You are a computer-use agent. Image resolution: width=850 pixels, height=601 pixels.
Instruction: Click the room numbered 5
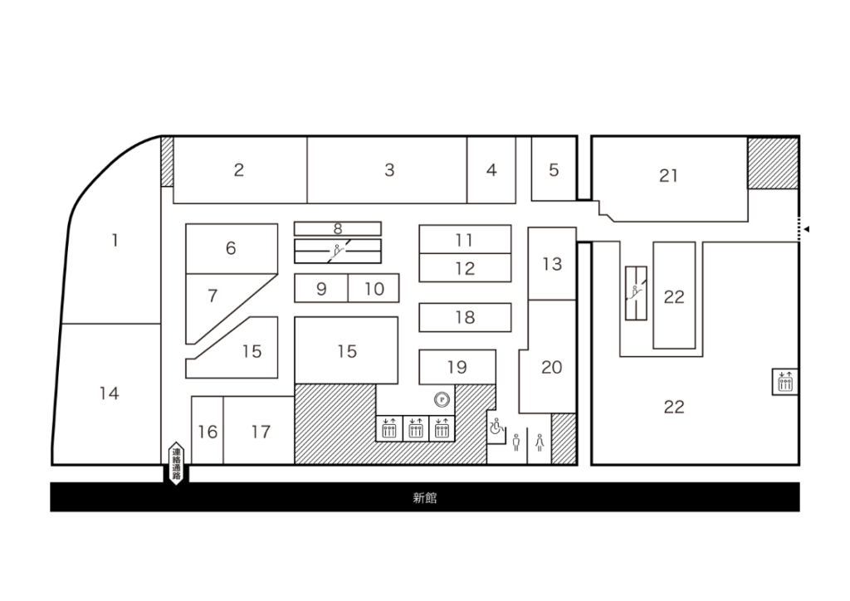pyautogui.click(x=554, y=169)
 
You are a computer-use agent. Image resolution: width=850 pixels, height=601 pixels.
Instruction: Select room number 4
pyautogui.click(x=491, y=170)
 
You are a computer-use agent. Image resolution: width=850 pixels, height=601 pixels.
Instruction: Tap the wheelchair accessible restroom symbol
pyautogui.click(x=496, y=427)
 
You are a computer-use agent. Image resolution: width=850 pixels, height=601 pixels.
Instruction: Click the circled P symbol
pyautogui.click(x=442, y=400)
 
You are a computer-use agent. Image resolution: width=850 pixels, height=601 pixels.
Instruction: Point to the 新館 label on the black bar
pyautogui.click(x=424, y=497)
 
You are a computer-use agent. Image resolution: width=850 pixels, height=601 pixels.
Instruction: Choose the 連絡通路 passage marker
pyautogui.click(x=176, y=463)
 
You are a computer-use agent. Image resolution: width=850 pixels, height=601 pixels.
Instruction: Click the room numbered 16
pyautogui.click(x=208, y=430)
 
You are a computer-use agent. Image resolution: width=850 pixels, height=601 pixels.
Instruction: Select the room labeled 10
pyautogui.click(x=374, y=288)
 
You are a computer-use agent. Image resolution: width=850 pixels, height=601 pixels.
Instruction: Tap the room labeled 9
pyautogui.click(x=321, y=288)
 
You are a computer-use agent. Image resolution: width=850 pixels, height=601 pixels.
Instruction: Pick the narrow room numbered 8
pyautogui.click(x=338, y=228)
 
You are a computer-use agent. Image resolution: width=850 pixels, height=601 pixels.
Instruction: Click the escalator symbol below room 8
pyautogui.click(x=338, y=251)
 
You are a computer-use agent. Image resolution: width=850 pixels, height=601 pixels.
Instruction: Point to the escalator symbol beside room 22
pyautogui.click(x=636, y=293)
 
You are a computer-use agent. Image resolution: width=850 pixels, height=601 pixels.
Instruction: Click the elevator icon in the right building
pyautogui.click(x=785, y=382)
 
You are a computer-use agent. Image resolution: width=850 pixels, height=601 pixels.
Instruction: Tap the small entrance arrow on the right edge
pyautogui.click(x=806, y=229)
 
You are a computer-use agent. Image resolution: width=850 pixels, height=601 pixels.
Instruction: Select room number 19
pyautogui.click(x=457, y=367)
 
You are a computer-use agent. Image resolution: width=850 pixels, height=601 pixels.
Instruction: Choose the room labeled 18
pyautogui.click(x=465, y=317)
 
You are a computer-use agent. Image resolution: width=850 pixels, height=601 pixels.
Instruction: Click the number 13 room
pyautogui.click(x=552, y=263)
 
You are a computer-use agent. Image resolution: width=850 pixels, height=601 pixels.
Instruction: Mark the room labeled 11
pyautogui.click(x=465, y=239)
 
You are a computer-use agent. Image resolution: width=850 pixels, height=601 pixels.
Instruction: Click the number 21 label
pyautogui.click(x=668, y=176)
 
